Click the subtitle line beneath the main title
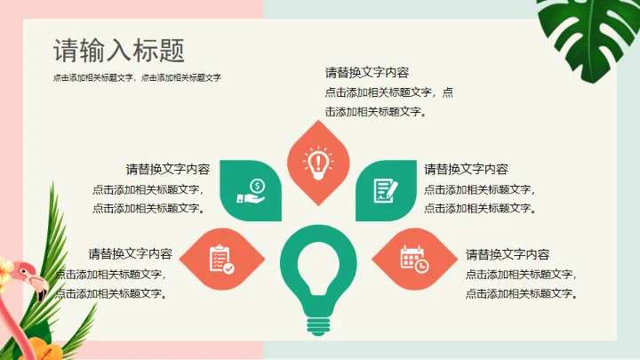(137, 78)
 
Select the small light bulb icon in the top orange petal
(318, 161)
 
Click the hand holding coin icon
(252, 191)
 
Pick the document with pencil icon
(385, 191)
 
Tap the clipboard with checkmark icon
(220, 259)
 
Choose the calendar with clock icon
(413, 259)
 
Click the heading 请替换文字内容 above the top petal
(367, 73)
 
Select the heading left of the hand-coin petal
(168, 169)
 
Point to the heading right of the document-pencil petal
(466, 169)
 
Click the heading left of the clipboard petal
(131, 253)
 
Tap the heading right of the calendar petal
(508, 254)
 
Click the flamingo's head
(28, 272)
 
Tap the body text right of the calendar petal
(523, 284)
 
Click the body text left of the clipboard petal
(112, 284)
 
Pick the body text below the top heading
(388, 101)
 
